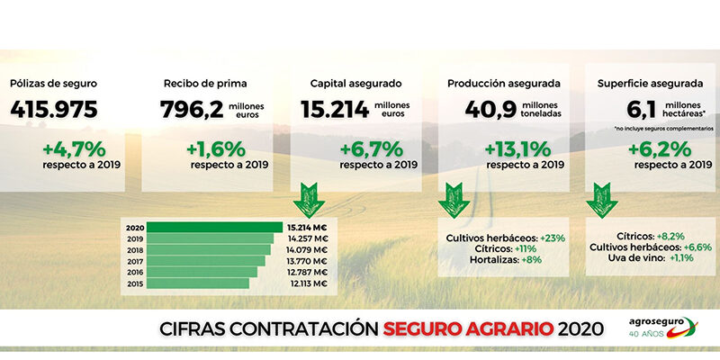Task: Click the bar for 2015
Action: click(197, 283)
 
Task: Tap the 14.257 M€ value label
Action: click(307, 238)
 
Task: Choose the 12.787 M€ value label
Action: click(307, 272)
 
